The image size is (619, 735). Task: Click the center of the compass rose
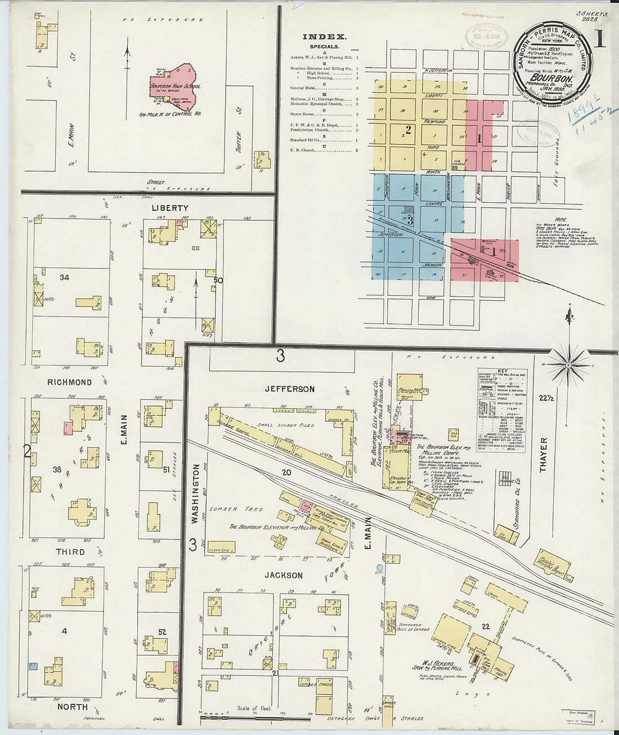569,364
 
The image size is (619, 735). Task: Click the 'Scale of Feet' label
254,708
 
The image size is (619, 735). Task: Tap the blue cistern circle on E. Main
380,568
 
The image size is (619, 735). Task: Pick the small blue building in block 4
34,666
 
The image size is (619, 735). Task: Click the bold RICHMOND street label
69,382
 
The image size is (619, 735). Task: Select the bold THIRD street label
70,552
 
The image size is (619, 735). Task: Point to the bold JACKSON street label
284,575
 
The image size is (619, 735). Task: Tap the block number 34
65,277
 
